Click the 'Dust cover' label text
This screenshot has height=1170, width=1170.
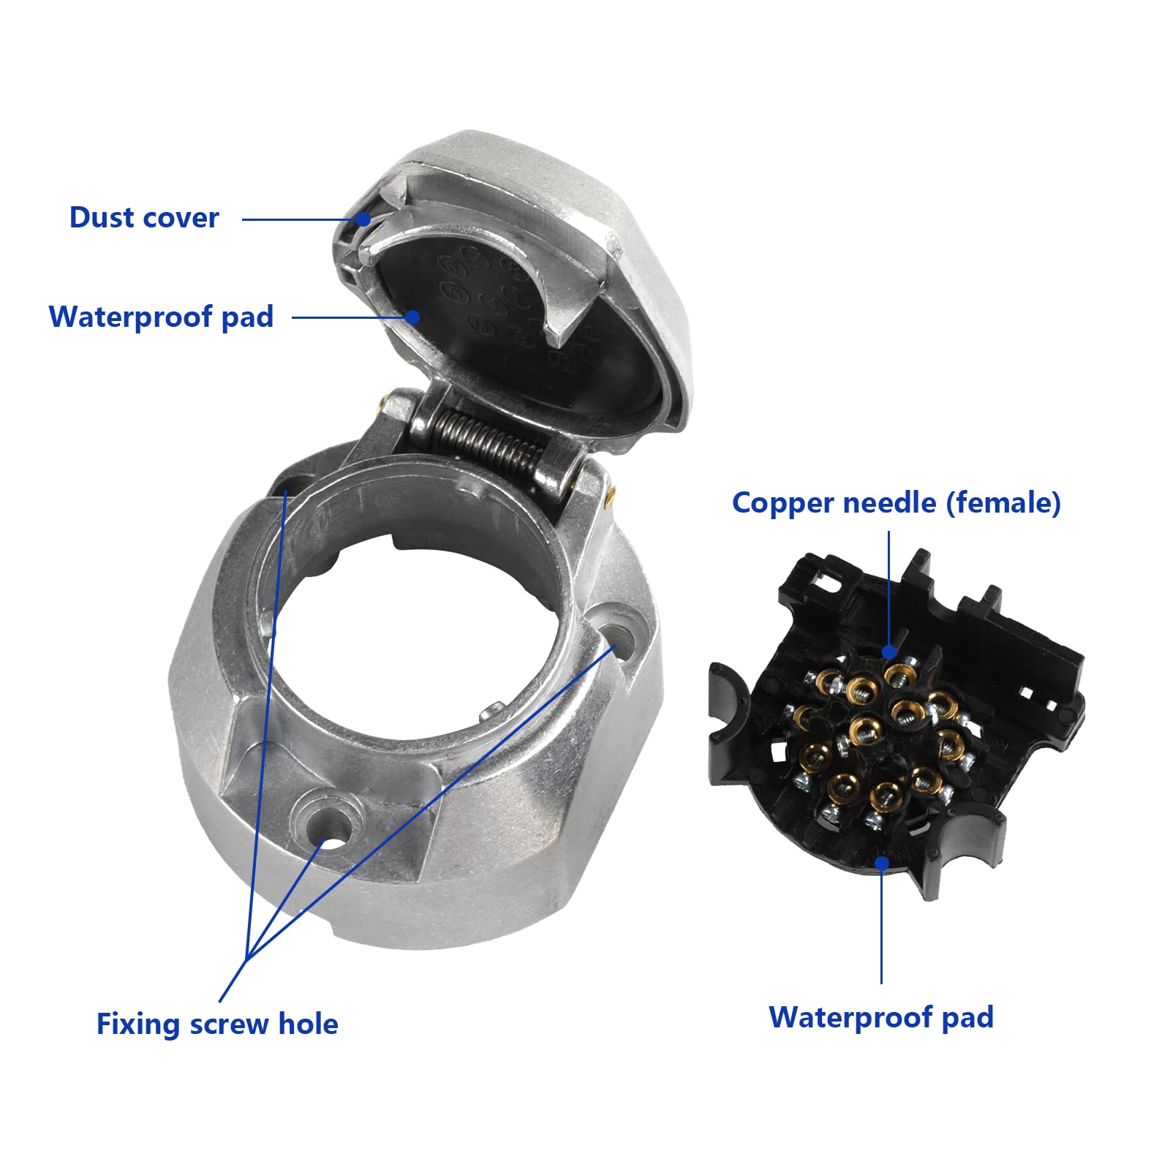point(144,218)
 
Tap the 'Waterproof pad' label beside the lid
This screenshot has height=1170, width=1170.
point(161,317)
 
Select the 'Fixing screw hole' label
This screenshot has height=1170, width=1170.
point(217,1024)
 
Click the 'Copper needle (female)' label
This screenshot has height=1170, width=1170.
point(896,503)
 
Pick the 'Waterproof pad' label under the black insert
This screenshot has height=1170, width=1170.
point(881,1017)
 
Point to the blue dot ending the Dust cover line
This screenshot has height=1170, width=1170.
point(363,219)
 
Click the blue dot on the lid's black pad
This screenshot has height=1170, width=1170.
point(412,317)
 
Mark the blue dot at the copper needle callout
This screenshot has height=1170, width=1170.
point(889,652)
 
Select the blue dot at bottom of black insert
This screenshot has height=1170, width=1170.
point(882,863)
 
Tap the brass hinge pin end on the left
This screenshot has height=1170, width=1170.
point(382,401)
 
